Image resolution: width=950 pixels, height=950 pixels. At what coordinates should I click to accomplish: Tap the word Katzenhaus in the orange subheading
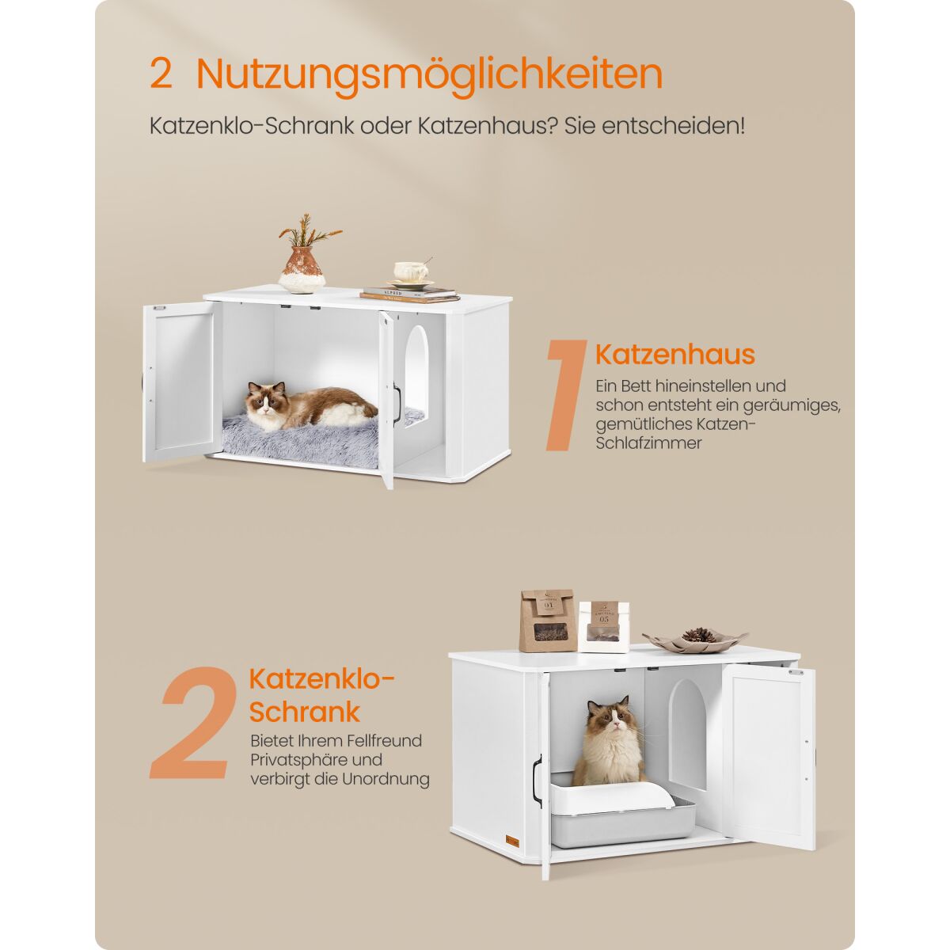click(x=675, y=354)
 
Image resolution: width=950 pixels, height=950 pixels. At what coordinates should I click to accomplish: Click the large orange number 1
click(x=565, y=395)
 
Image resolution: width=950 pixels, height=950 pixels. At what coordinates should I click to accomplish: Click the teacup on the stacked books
click(x=411, y=272)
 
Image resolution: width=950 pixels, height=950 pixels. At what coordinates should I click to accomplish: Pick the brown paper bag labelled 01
click(x=548, y=621)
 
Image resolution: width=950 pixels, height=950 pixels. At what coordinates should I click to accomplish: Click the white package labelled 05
click(x=604, y=626)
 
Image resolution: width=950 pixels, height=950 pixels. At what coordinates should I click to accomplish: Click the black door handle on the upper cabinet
click(x=397, y=405)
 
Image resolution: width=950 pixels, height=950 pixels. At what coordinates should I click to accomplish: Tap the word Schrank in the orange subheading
click(x=305, y=712)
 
